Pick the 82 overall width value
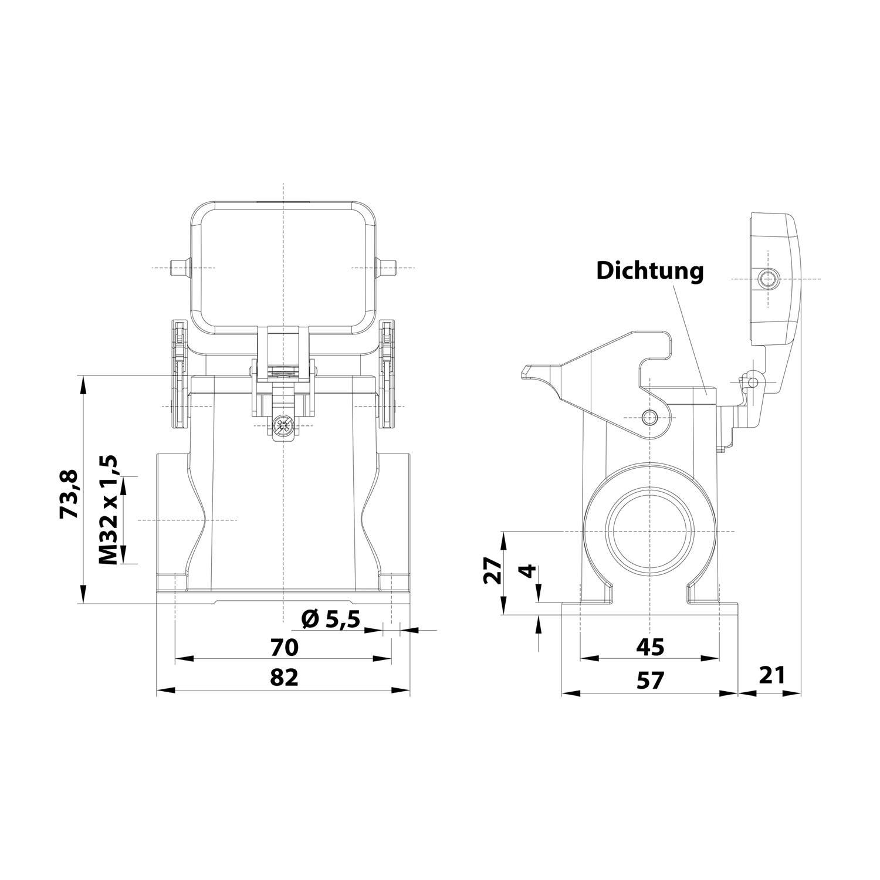click(284, 678)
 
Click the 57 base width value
click(650, 681)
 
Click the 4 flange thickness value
click(529, 571)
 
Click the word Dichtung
click(649, 272)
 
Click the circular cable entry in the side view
click(650, 532)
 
